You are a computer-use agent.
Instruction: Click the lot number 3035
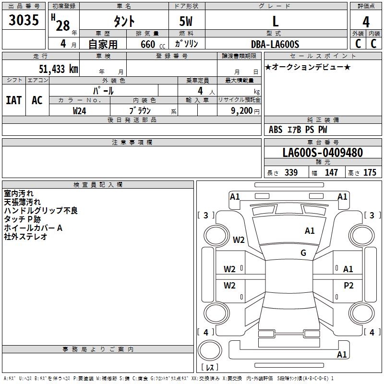[24, 21]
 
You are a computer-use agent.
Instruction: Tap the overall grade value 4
[366, 22]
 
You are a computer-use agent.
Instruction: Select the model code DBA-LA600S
[275, 44]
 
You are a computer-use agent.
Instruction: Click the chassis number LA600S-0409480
[323, 153]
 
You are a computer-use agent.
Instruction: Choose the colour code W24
[80, 110]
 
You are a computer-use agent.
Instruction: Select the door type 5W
[186, 22]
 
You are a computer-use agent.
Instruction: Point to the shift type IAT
[13, 100]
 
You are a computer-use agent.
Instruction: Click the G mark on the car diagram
[303, 253]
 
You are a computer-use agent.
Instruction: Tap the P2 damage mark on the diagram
[348, 286]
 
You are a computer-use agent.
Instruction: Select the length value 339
[291, 173]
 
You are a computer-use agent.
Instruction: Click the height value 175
[370, 173]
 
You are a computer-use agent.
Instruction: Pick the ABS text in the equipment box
[276, 130]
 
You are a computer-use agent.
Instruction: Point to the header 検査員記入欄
[98, 184]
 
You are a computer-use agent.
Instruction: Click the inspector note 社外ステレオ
[25, 237]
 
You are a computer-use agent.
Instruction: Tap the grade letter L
[276, 22]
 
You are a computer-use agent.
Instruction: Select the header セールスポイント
[323, 56]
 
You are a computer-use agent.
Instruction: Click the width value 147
[331, 173]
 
